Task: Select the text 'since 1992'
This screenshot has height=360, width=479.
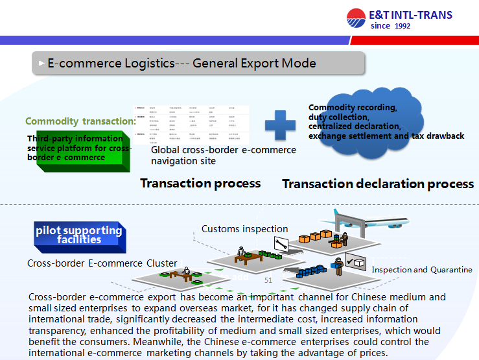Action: point(390,27)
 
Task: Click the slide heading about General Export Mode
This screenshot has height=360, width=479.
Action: point(181,64)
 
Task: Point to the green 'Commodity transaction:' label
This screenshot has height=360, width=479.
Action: point(80,121)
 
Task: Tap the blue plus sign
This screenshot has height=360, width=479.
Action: point(281,125)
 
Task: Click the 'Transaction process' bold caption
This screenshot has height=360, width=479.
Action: point(200,183)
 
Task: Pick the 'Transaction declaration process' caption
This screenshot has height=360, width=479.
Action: point(378,184)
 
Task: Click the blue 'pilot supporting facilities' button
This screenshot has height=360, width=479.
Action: point(79,235)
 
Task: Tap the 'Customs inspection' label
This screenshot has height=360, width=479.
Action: point(244,229)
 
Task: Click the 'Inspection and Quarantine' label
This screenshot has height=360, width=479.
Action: point(421,270)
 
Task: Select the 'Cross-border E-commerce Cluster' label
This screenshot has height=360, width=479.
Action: point(102,263)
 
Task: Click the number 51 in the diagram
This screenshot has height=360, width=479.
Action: point(268,281)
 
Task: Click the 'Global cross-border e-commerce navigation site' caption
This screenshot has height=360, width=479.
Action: point(223,155)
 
